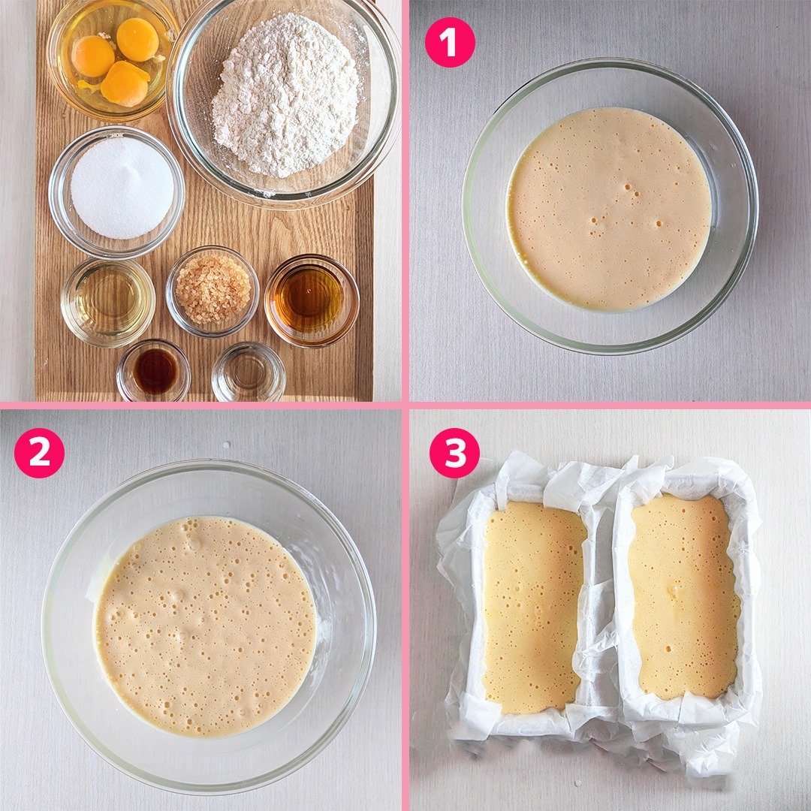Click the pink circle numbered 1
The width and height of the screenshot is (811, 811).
450,42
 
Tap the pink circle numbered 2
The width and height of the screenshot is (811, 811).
39,453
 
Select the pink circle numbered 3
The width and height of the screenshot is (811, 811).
454,453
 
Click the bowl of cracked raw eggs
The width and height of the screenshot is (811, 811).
113,59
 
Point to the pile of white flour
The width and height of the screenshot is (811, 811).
285,95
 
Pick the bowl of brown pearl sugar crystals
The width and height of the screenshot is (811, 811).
213,291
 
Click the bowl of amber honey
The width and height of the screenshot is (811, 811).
312,300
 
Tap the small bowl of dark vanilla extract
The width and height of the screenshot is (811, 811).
154,370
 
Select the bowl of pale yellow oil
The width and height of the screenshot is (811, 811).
107,303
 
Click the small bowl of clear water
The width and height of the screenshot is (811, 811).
249,372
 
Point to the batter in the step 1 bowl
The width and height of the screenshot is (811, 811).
609,209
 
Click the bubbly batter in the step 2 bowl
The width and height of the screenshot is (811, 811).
205,626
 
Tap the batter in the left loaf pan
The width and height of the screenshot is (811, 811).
533,607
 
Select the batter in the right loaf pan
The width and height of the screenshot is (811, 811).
684,596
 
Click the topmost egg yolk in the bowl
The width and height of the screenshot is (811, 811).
137,39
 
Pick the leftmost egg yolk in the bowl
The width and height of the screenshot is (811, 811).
92,56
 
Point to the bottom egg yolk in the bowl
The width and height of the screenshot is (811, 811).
125,84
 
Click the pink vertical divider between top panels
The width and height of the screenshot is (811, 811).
405,200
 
